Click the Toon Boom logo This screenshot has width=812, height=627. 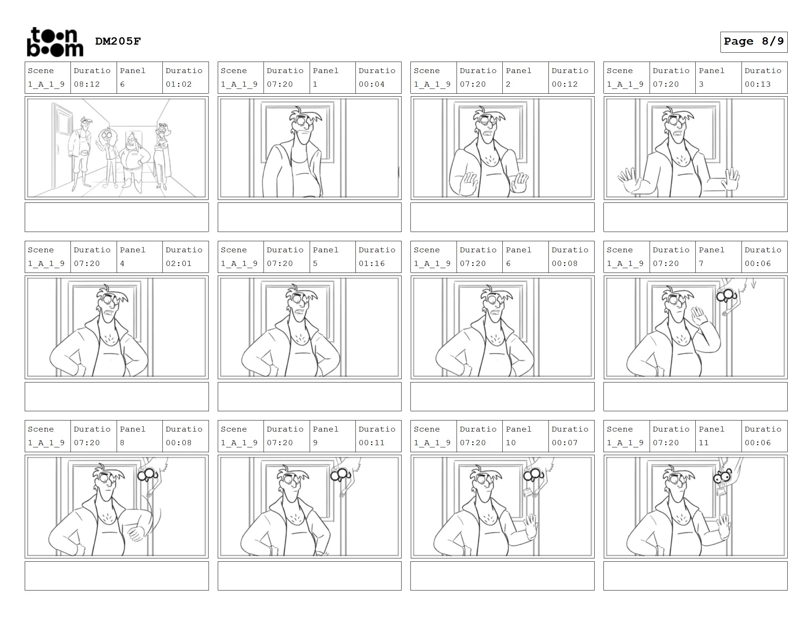(x=55, y=42)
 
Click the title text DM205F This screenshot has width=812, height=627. (x=118, y=41)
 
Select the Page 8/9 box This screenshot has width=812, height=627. (x=754, y=42)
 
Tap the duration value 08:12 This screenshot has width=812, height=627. (x=87, y=84)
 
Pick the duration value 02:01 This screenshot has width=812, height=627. (x=179, y=264)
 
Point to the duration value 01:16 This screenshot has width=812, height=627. (x=371, y=264)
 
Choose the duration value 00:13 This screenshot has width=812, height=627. (x=757, y=84)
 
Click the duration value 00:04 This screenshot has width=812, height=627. (x=371, y=84)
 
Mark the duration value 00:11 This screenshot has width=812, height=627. (x=371, y=443)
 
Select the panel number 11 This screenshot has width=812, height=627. (x=703, y=443)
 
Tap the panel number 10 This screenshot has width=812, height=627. (x=510, y=443)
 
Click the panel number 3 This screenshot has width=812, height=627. (x=701, y=84)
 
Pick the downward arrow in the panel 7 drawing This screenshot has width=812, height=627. (x=754, y=284)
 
